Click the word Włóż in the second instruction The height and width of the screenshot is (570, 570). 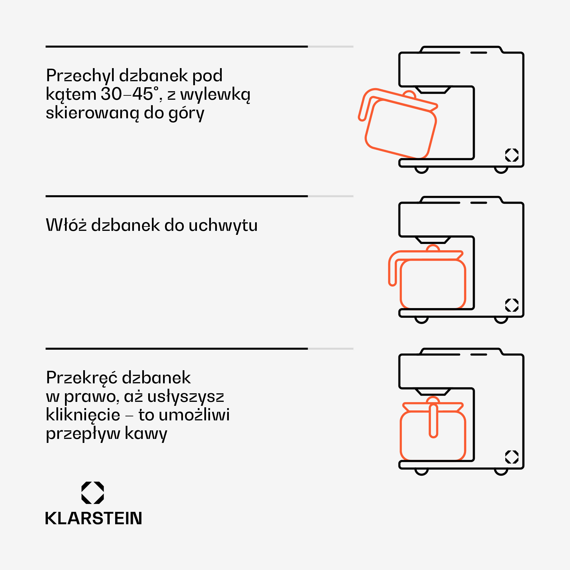(66, 225)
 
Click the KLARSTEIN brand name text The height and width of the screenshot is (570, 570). (93, 518)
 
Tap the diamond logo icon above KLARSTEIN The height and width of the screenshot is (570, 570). (93, 493)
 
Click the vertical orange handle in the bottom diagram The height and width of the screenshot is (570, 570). (433, 420)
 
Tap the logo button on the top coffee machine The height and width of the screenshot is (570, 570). (512, 155)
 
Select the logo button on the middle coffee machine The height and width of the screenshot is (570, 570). (512, 305)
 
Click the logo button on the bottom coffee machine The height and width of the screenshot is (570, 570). (512, 457)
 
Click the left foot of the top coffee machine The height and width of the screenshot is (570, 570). (421, 170)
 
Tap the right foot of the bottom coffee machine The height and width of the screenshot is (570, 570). (501, 472)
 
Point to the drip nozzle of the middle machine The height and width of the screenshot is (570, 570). (433, 240)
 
